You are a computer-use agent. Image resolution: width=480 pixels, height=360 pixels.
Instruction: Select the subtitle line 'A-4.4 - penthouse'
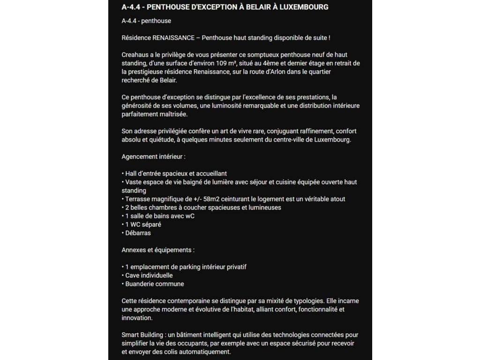pyautogui.click(x=146, y=21)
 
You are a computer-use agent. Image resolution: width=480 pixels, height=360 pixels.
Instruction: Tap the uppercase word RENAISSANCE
pyautogui.click(x=173, y=37)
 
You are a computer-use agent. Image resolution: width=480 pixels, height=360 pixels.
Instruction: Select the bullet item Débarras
pyautogui.click(x=138, y=232)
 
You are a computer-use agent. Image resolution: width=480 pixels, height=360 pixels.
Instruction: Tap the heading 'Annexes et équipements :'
pyautogui.click(x=158, y=250)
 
